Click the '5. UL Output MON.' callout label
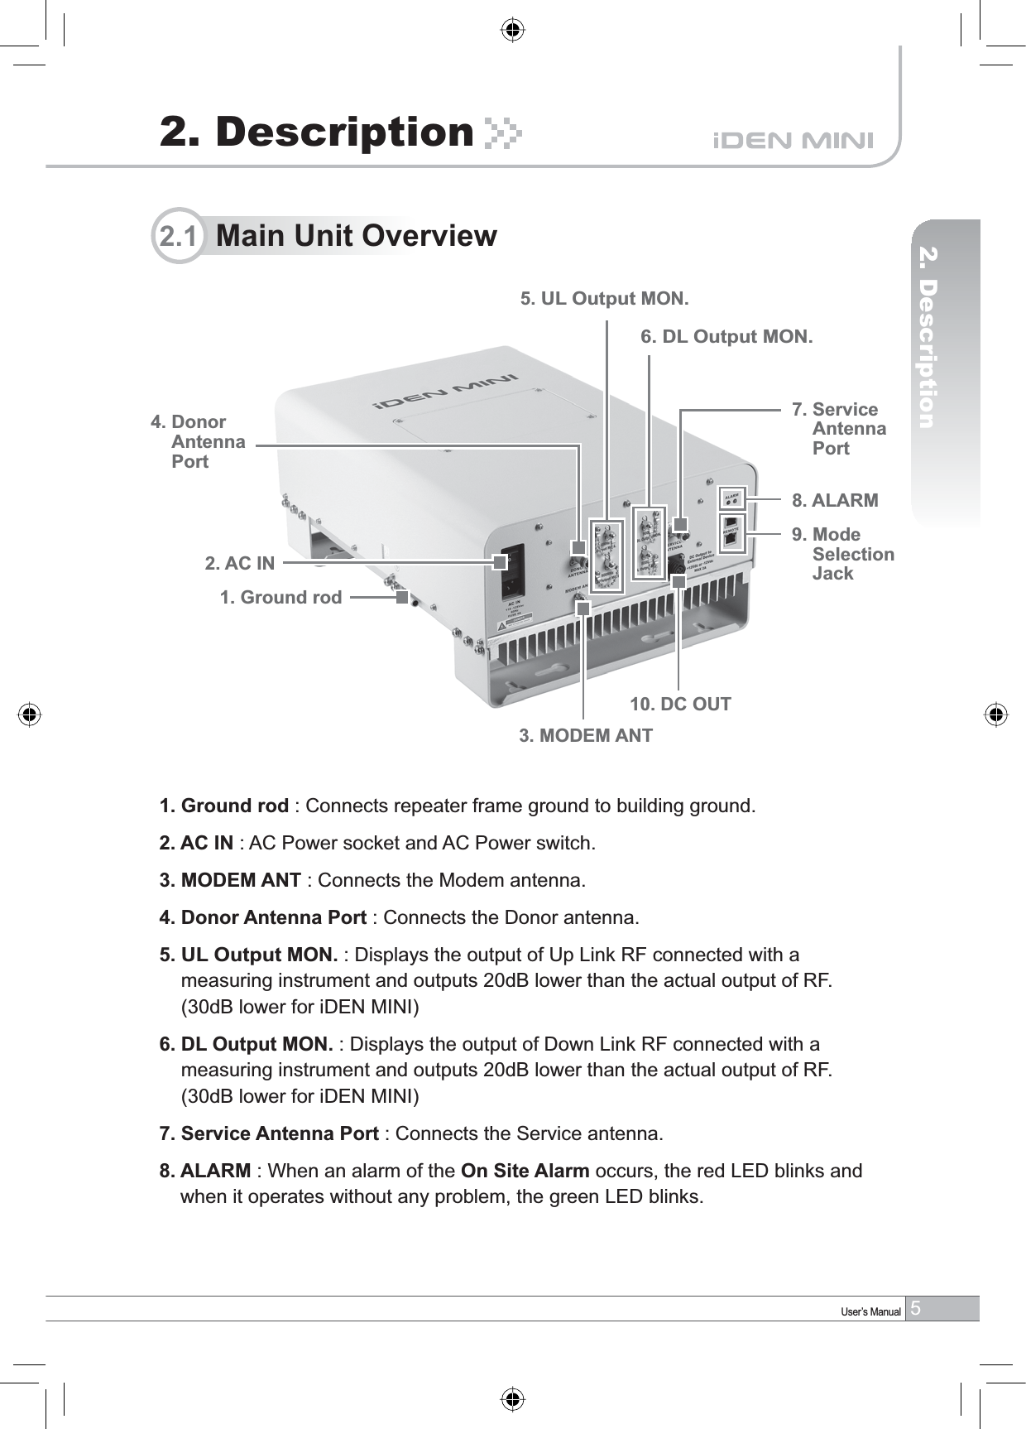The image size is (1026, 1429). coord(604,298)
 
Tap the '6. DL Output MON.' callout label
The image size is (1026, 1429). coord(726,337)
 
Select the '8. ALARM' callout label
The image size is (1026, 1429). coord(834,501)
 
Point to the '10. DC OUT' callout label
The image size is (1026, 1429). coord(680,705)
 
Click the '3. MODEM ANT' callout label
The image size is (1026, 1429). coord(585,735)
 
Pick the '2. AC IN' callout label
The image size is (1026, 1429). coord(239,564)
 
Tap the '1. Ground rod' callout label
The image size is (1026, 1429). coord(280,597)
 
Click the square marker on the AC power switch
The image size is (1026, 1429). coord(499,562)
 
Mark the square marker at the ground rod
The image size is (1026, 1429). coord(402,596)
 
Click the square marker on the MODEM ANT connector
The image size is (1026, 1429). coord(583,609)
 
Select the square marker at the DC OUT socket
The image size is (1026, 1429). coord(678,581)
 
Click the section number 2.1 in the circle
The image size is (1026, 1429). coord(178,236)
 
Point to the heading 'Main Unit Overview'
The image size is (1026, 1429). coord(356,236)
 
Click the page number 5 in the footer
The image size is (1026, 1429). coord(916,1308)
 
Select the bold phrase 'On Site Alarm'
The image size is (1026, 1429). coord(525,1171)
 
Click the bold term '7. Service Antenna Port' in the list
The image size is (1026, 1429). coord(269,1133)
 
